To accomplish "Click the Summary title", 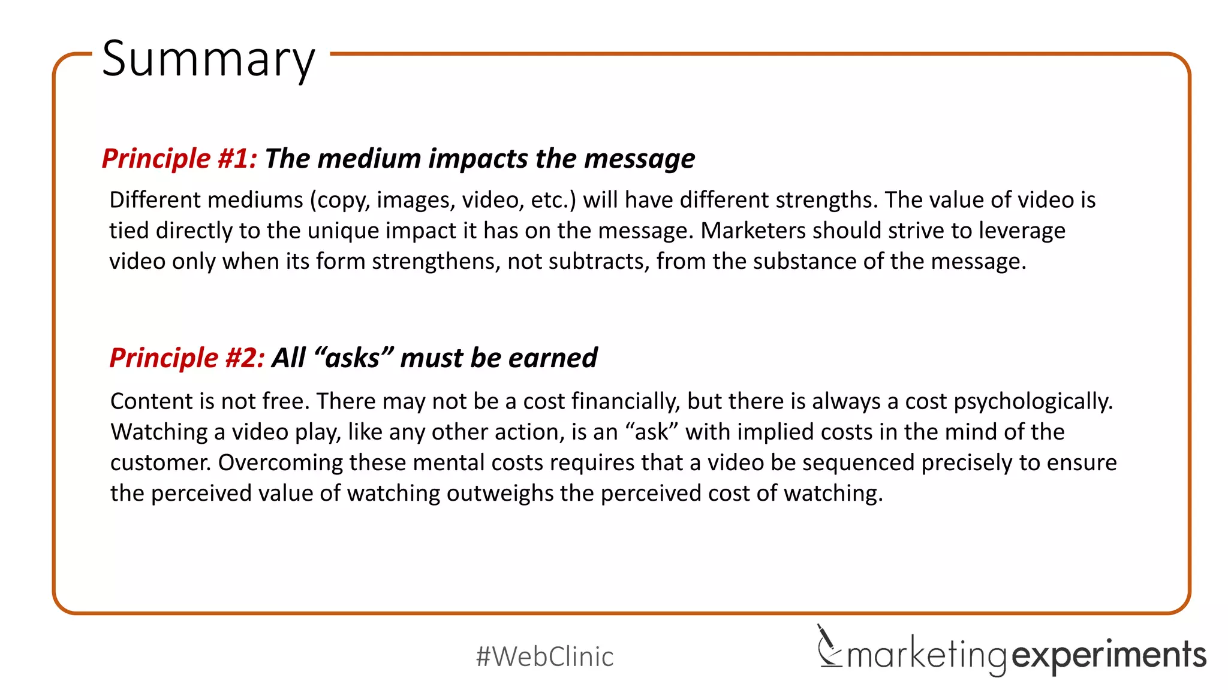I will click(x=208, y=59).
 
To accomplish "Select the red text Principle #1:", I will click(x=179, y=159).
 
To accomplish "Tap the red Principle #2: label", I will click(x=187, y=358).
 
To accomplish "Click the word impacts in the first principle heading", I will click(x=478, y=159).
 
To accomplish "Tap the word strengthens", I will click(x=436, y=262).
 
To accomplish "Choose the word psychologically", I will click(x=1033, y=402).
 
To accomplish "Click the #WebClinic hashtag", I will click(x=544, y=656).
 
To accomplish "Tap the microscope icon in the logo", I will click(x=828, y=647).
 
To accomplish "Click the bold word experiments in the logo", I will click(x=1109, y=655).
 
